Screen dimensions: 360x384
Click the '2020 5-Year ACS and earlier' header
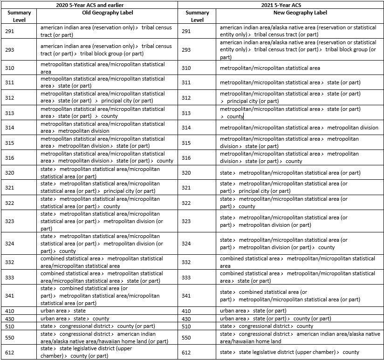click(x=89, y=5)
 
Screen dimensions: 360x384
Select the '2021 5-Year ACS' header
click(x=281, y=5)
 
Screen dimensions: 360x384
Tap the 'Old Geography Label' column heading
click(x=106, y=13)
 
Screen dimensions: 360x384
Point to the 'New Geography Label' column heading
click(x=300, y=13)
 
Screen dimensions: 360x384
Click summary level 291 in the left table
click(x=10, y=31)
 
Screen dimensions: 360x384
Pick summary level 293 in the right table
click(x=186, y=49)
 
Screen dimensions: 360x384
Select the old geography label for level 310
click(x=103, y=68)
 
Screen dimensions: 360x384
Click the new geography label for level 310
click(x=270, y=68)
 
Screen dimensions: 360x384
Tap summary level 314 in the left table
click(x=10, y=128)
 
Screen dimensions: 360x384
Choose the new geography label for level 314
click(x=299, y=128)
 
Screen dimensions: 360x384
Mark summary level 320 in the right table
click(x=186, y=173)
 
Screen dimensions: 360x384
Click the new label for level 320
click(x=290, y=173)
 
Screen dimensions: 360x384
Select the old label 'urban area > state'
click(x=63, y=311)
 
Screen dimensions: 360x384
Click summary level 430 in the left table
click(x=10, y=319)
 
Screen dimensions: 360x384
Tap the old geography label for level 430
click(x=75, y=319)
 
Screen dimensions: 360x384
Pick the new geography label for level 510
click(x=267, y=326)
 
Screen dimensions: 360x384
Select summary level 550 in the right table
click(x=186, y=337)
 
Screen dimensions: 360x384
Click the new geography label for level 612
click(x=289, y=352)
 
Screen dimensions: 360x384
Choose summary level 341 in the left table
click(x=10, y=296)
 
